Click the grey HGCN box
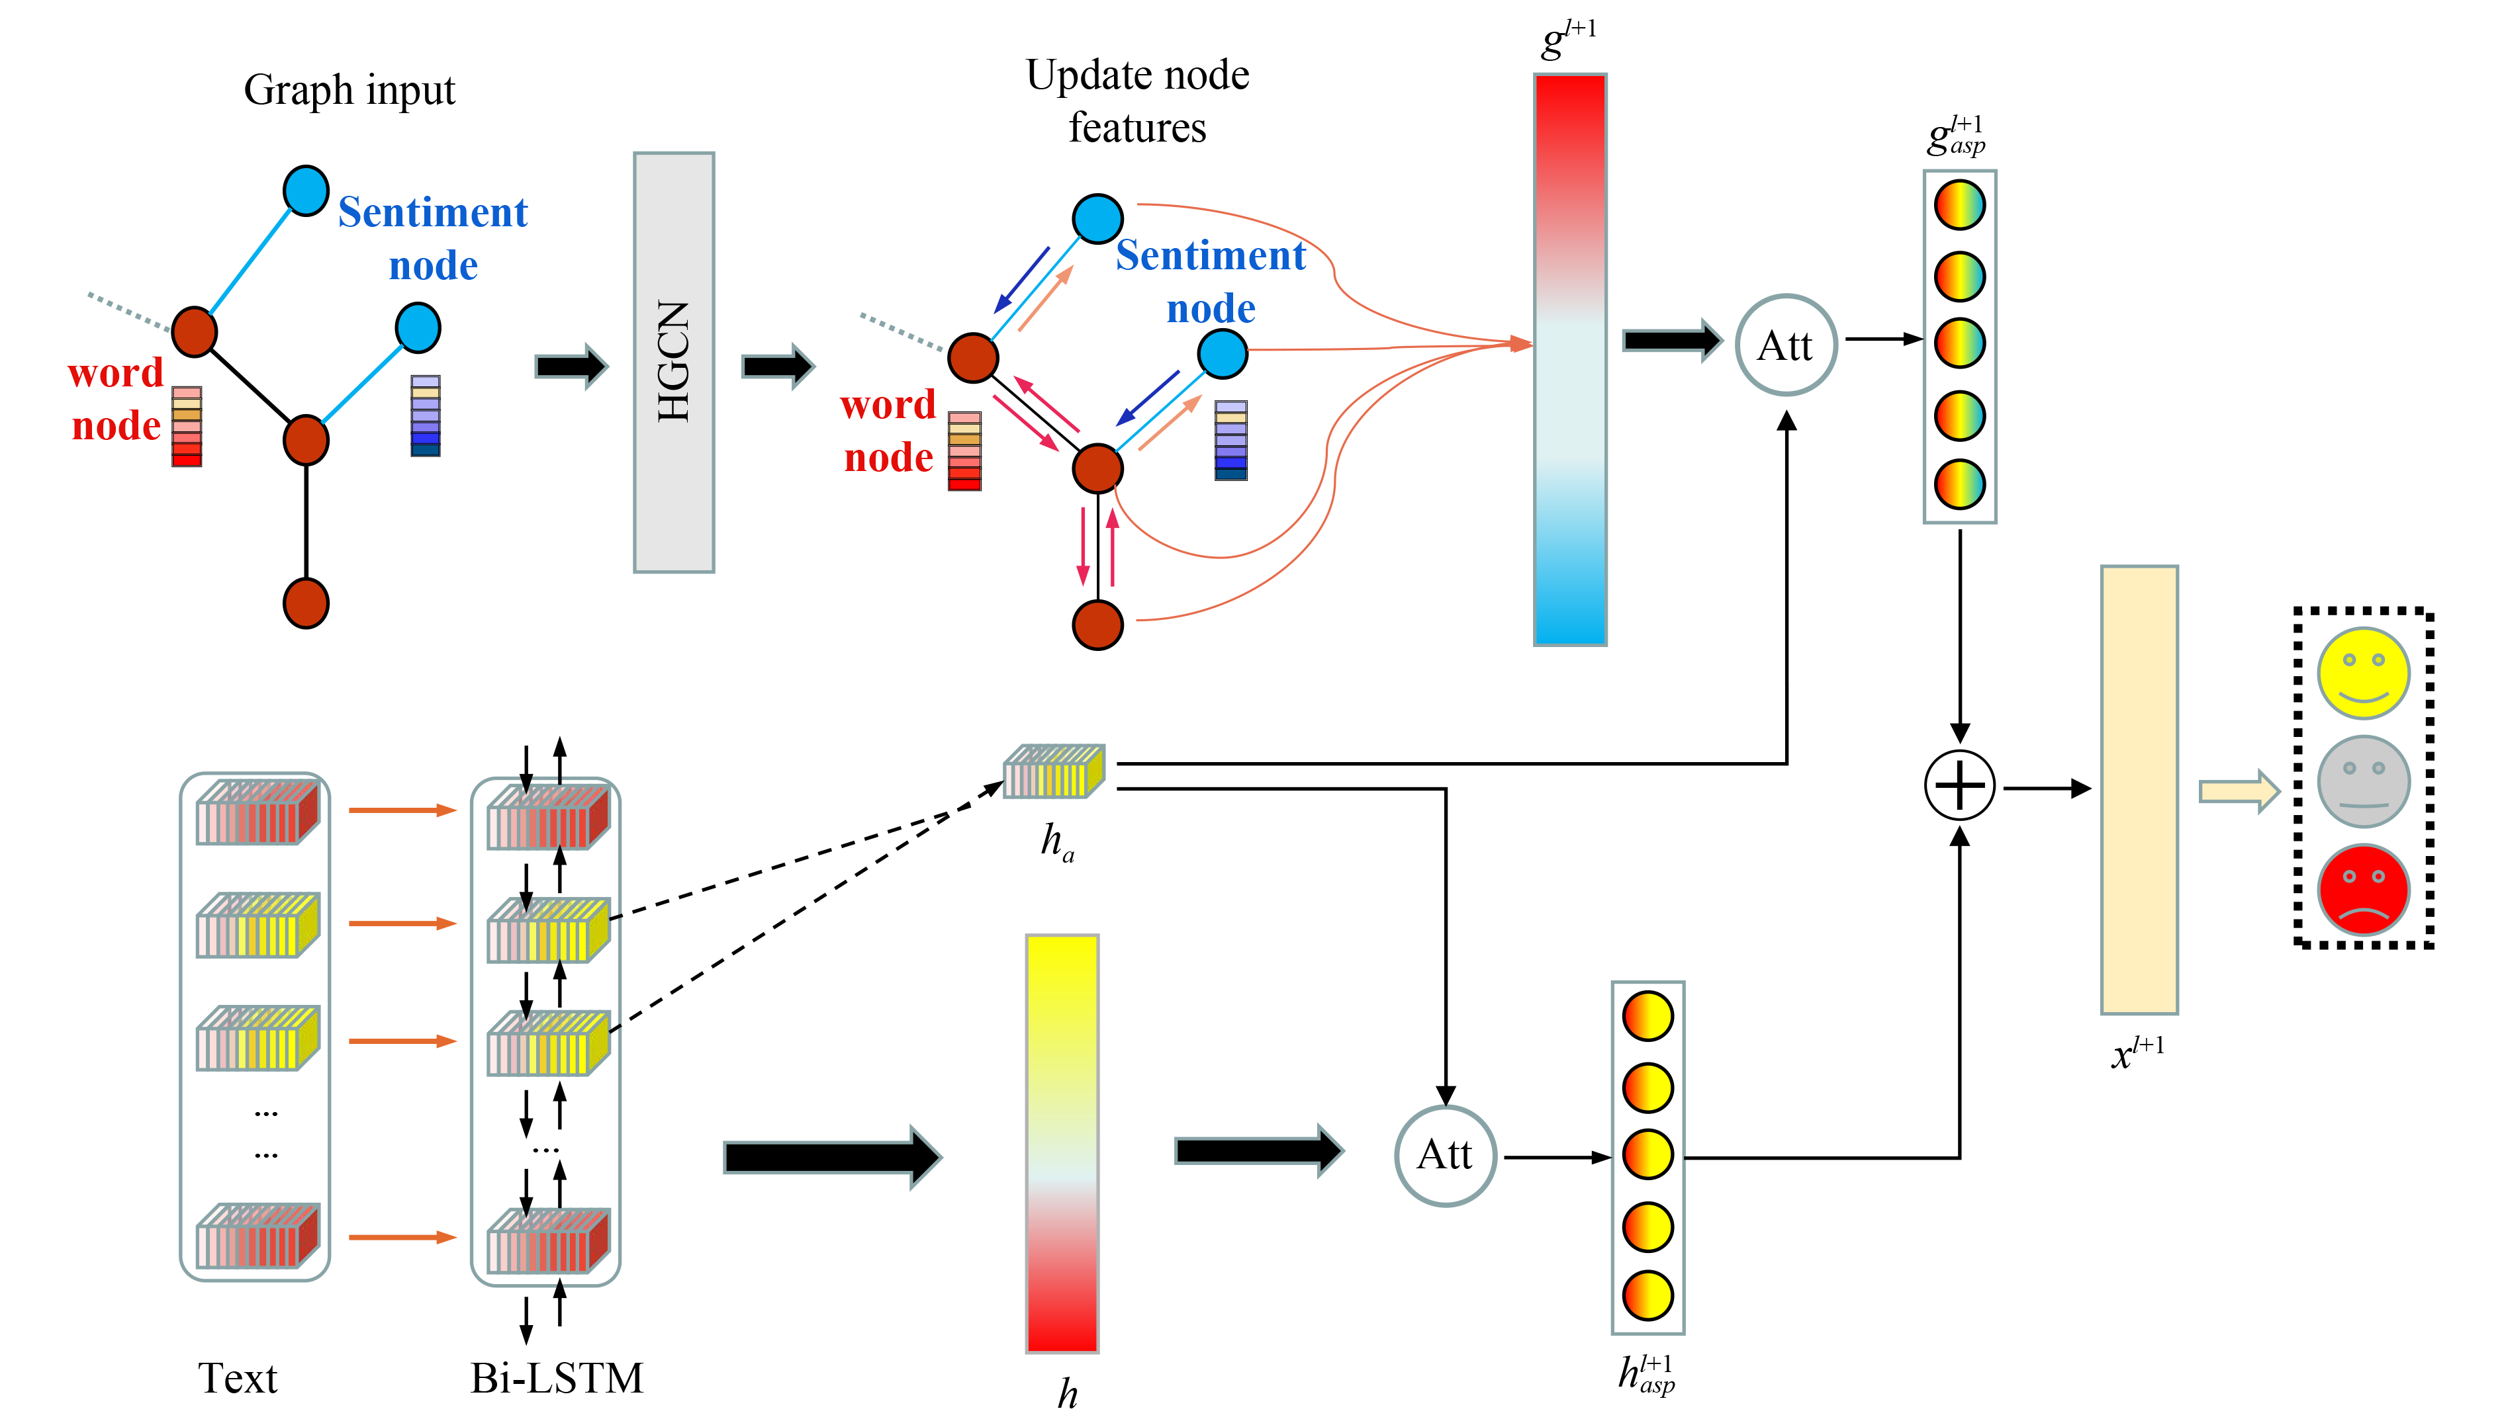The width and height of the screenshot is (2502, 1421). pyautogui.click(x=674, y=362)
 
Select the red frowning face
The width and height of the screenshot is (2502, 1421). pyautogui.click(x=2364, y=890)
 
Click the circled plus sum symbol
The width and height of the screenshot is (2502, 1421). pyautogui.click(x=1959, y=786)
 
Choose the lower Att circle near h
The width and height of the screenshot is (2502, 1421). pyautogui.click(x=1445, y=1156)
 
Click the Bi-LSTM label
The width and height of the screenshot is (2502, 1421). pyautogui.click(x=557, y=1378)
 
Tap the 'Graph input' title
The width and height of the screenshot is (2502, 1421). pyautogui.click(x=349, y=90)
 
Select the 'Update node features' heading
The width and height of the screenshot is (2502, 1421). pyautogui.click(x=1137, y=101)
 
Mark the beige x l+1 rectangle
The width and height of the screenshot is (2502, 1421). pyautogui.click(x=2139, y=789)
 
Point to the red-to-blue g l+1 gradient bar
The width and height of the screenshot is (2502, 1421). pyautogui.click(x=1570, y=359)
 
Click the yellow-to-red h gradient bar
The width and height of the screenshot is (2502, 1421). pyautogui.click(x=1062, y=1143)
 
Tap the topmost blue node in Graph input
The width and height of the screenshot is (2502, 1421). pyautogui.click(x=306, y=191)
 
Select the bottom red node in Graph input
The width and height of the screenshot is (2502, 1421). pyautogui.click(x=306, y=603)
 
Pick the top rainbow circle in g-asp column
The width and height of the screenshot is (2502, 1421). pyautogui.click(x=1959, y=205)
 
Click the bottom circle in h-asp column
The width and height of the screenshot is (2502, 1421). pyautogui.click(x=1648, y=1295)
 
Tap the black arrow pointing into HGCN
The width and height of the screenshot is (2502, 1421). pyautogui.click(x=571, y=366)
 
